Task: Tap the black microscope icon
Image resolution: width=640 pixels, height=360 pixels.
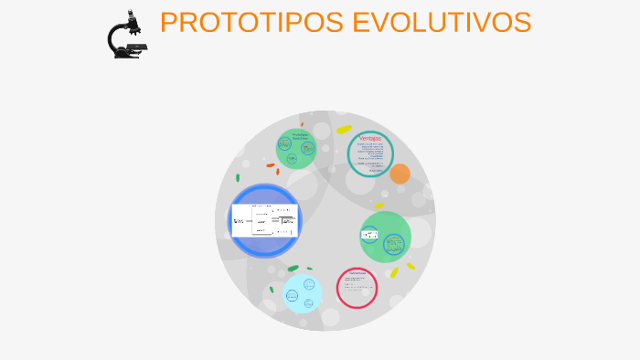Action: tap(126, 35)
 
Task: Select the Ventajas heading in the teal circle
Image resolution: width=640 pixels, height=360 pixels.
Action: tap(369, 138)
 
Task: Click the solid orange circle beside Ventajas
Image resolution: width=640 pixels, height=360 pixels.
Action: tap(400, 174)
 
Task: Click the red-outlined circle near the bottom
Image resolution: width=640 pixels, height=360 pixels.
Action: tap(357, 288)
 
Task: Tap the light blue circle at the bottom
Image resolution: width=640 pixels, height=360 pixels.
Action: tap(303, 293)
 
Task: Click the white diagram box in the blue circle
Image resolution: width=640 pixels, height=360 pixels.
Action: tap(264, 220)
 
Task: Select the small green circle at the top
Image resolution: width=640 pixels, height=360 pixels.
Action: tap(296, 149)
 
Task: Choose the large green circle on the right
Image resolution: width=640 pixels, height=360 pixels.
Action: tap(386, 237)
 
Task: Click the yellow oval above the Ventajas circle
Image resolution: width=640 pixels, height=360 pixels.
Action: tap(344, 130)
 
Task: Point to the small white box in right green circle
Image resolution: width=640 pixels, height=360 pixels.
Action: tap(370, 235)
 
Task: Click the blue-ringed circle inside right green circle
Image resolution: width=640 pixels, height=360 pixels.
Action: tap(394, 244)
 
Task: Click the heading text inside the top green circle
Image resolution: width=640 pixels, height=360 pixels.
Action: tap(300, 135)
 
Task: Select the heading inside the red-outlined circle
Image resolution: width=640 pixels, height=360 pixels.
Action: tap(357, 273)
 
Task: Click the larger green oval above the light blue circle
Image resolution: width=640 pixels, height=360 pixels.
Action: tap(293, 269)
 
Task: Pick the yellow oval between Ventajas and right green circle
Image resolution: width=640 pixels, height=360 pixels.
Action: tap(378, 206)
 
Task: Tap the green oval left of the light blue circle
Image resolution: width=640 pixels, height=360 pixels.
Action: tap(272, 290)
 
